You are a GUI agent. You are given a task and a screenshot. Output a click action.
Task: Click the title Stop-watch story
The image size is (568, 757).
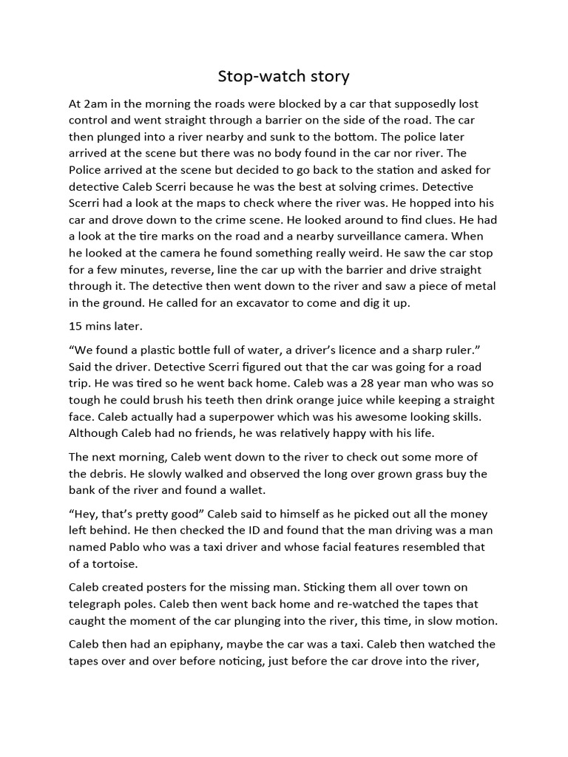pos(283,76)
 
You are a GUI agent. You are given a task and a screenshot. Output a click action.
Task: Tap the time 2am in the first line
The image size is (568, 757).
pos(95,104)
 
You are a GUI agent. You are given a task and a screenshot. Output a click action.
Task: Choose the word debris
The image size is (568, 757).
pos(89,473)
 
